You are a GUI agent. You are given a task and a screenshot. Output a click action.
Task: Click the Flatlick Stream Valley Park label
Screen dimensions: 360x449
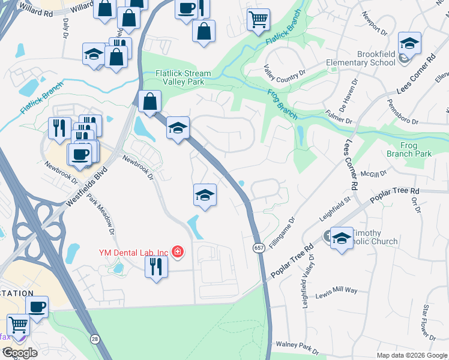[x=183, y=78]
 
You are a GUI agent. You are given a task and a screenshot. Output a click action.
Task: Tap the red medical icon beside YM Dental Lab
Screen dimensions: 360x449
[x=177, y=251]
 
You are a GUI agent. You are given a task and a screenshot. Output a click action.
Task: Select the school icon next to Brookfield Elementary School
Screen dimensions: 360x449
[x=409, y=43]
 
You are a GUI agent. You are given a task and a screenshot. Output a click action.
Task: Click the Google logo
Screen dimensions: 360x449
[x=19, y=353]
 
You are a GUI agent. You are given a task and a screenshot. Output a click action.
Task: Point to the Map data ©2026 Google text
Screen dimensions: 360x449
[x=411, y=355]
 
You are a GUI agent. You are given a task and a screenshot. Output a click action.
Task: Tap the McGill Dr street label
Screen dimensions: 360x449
[x=375, y=173]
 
